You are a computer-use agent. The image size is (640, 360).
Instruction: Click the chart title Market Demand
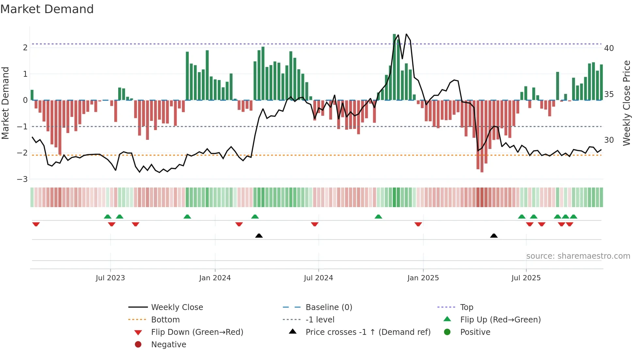[47, 9]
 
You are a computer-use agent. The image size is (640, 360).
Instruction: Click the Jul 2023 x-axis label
[110, 278]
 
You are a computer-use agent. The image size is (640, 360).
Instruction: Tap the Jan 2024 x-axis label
[215, 278]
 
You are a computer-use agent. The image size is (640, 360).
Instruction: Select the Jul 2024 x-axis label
[318, 278]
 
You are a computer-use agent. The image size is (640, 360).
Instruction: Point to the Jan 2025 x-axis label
[423, 278]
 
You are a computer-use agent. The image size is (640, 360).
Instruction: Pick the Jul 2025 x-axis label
[526, 278]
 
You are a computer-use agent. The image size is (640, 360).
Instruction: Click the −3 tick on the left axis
[23, 179]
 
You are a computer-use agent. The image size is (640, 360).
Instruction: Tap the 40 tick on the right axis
[609, 48]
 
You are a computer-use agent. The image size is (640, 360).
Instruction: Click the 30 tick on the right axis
[609, 140]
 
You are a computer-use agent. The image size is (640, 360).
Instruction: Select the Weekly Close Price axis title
[627, 103]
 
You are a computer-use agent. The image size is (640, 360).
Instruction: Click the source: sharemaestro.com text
[578, 256]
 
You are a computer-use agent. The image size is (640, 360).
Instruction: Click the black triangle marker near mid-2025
[494, 236]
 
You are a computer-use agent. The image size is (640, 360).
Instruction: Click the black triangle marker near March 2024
[259, 236]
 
